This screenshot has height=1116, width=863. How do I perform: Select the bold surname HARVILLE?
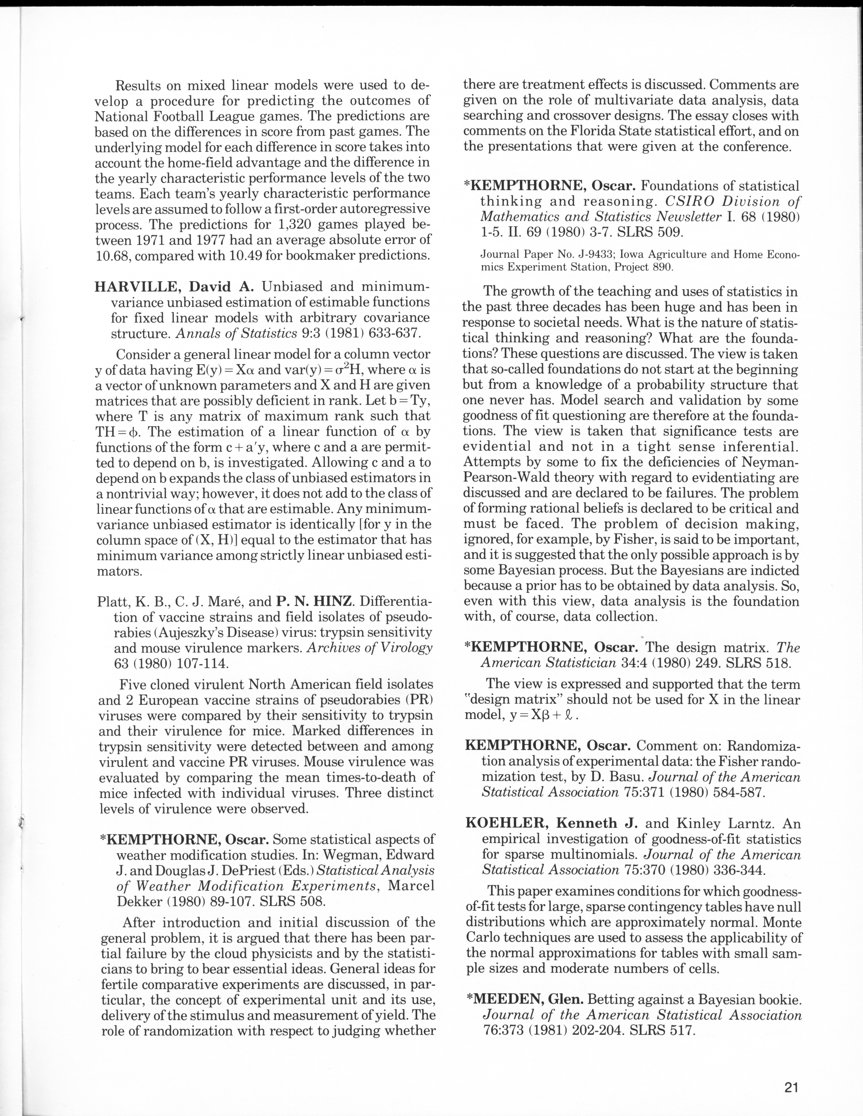pyautogui.click(x=134, y=287)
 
